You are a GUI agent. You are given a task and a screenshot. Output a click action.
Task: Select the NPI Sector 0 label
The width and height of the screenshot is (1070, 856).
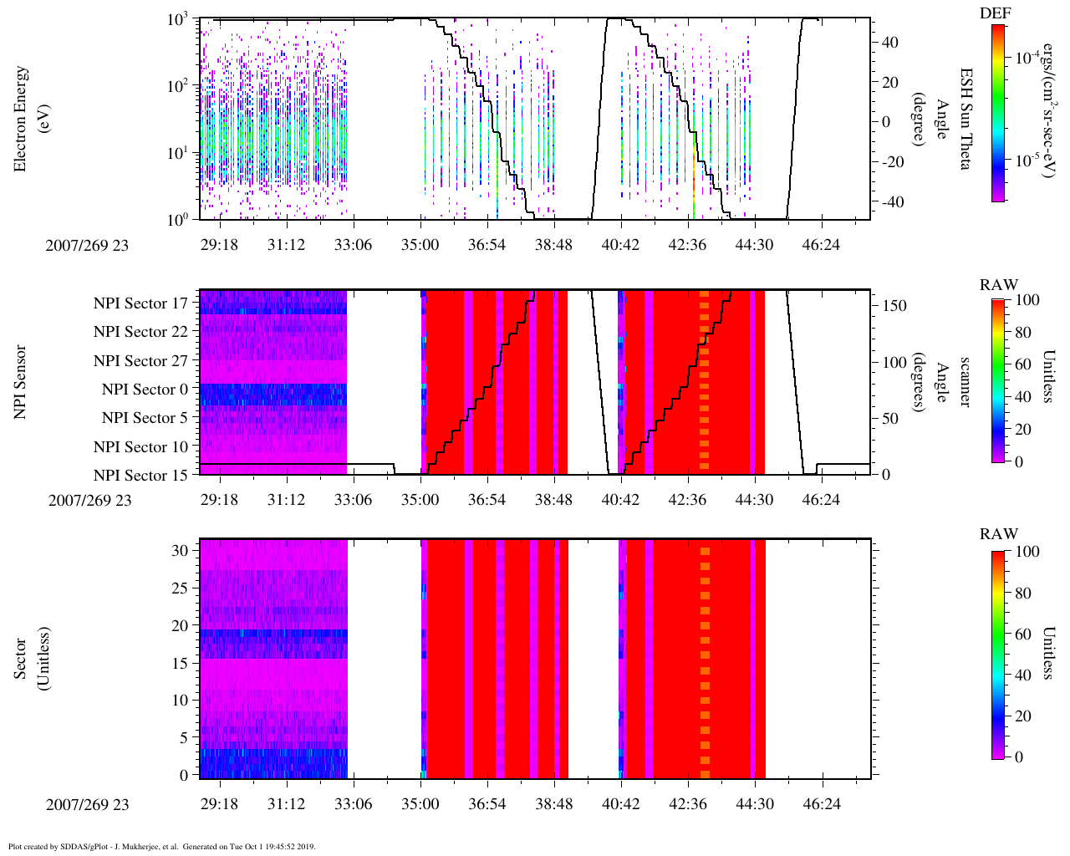click(145, 390)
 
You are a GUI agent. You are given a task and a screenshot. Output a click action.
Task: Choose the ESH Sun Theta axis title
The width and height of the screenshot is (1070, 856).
click(965, 119)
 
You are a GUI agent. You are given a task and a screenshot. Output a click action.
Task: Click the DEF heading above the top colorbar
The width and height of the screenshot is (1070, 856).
click(995, 13)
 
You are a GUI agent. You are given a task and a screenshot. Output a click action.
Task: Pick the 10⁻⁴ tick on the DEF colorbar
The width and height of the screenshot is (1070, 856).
click(1026, 58)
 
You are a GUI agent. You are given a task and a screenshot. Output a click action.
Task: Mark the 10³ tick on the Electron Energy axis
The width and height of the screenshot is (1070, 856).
click(178, 20)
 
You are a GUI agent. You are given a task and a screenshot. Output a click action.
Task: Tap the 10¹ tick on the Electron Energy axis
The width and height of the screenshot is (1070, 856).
click(178, 153)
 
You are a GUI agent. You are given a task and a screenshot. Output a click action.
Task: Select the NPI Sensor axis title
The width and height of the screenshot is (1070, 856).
click(20, 381)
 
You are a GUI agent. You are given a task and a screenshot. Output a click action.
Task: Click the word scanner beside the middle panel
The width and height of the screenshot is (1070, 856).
click(965, 381)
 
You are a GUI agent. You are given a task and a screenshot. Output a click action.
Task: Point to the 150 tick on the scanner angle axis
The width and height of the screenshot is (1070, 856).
click(894, 306)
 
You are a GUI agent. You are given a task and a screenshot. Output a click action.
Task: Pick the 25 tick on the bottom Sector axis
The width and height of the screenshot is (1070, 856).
click(181, 588)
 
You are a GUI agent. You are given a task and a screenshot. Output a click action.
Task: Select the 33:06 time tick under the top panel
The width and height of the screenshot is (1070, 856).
click(353, 244)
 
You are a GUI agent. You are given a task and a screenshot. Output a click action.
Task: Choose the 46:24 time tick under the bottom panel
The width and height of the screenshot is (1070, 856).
click(821, 804)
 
